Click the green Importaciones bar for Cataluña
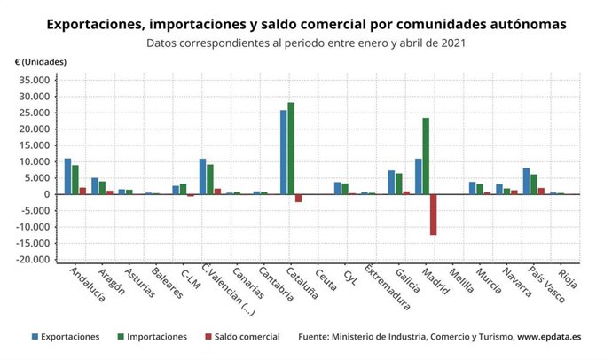tap(291, 148)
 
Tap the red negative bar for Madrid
tap(434, 215)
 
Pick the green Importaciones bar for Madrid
tap(426, 156)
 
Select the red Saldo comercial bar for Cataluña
tap(299, 199)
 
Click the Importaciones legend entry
tap(150, 337)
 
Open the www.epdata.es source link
tap(550, 337)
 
